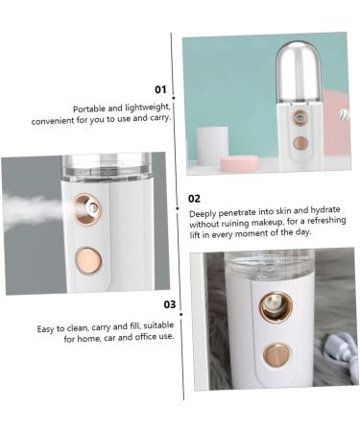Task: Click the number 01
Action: coord(160,88)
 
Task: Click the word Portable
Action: coord(91,109)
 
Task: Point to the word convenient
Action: coord(51,121)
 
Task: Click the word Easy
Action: coord(47,328)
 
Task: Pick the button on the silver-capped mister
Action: coord(300,142)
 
